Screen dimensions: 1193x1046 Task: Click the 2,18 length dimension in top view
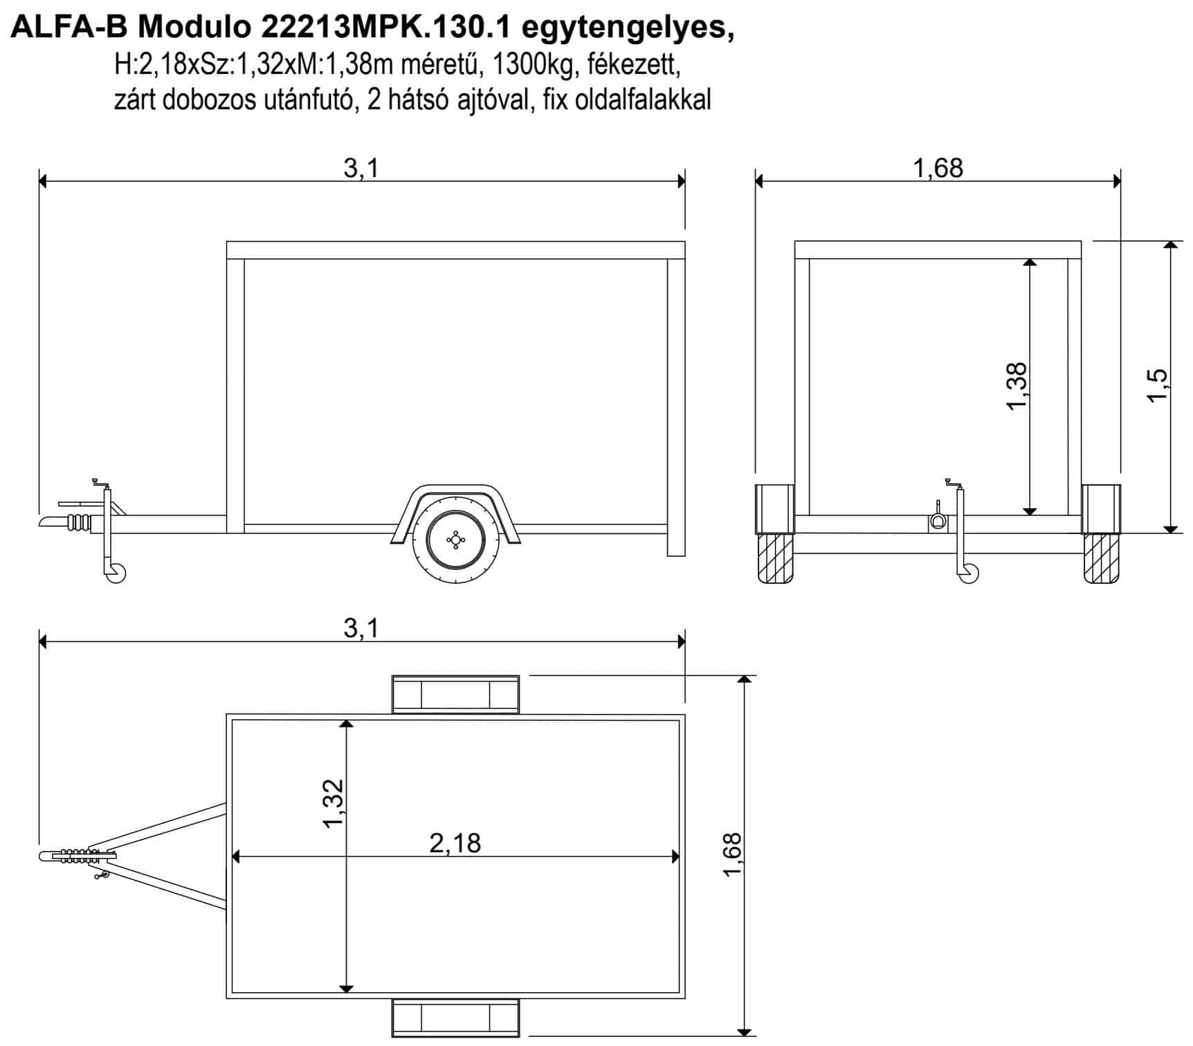click(x=455, y=843)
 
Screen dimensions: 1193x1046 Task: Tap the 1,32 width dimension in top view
click(x=333, y=803)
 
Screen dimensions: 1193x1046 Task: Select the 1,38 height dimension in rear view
click(x=1017, y=386)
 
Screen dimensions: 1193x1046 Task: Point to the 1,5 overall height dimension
click(x=1157, y=386)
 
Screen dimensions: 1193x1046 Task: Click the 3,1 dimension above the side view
click(x=362, y=168)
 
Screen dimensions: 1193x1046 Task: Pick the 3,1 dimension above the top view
click(x=362, y=628)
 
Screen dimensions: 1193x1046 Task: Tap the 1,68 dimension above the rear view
click(x=938, y=168)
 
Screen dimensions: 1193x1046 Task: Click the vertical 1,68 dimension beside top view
click(x=731, y=854)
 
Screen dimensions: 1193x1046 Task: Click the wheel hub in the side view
click(x=455, y=539)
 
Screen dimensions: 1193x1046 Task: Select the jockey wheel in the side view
click(x=116, y=573)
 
